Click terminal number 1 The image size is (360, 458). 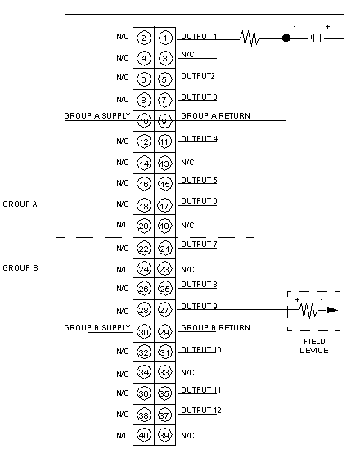pos(165,38)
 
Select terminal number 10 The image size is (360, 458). pos(144,121)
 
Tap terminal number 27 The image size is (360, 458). pos(165,310)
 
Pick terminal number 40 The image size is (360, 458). pos(144,435)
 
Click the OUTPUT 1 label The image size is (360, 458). pos(199,37)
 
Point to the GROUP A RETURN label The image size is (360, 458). pos(216,115)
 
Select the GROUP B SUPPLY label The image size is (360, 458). pos(97,328)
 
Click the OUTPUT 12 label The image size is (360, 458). pos(201,411)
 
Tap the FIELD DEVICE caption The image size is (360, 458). pos(314,346)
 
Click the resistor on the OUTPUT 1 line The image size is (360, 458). pos(250,38)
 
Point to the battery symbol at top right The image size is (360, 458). pos(316,38)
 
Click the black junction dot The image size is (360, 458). pos(286,38)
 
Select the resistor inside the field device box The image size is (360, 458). pos(308,310)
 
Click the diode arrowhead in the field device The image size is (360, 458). pos(332,310)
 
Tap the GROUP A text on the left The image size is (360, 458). pos(20,204)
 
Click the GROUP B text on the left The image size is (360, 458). pos(20,268)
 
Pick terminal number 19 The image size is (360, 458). pos(165,226)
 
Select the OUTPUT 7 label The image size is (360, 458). pos(199,245)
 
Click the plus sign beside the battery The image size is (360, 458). pos(327,26)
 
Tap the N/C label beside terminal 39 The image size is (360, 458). pos(187,435)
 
